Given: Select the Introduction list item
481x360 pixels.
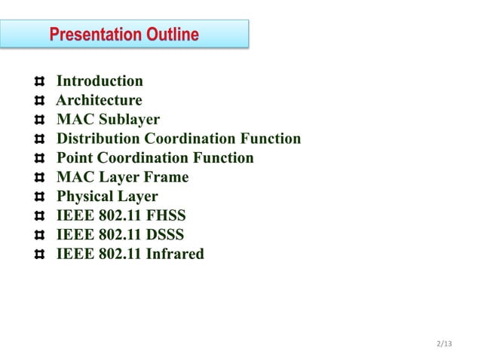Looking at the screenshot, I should [100, 81].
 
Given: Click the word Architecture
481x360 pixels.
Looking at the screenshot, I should [99, 101].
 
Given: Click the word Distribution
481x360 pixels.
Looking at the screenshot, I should [98, 139].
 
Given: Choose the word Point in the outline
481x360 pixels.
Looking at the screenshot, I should [75, 158].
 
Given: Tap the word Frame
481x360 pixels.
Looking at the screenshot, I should [165, 178].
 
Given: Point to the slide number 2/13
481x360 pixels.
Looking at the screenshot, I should [444, 344].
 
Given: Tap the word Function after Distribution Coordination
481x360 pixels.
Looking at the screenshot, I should [270, 139].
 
